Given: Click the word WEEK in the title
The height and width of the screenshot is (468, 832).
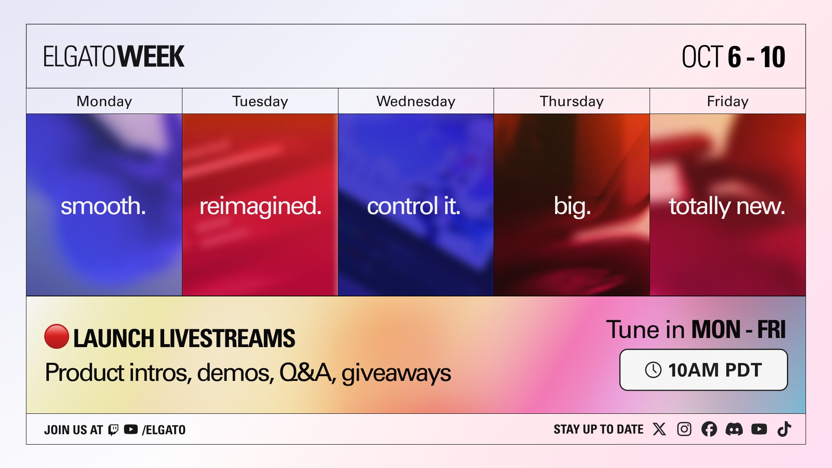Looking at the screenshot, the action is click(x=151, y=57).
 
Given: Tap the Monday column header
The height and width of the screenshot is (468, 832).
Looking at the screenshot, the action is click(x=104, y=101).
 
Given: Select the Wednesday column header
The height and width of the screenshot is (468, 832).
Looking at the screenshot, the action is click(x=416, y=101).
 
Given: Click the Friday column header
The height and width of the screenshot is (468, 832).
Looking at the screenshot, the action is click(x=728, y=101).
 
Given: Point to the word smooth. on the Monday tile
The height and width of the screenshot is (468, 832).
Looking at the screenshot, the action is click(x=103, y=206).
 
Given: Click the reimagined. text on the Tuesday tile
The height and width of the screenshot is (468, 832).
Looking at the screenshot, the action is click(x=260, y=207).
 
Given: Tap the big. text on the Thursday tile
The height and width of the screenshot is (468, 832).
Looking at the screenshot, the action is click(x=572, y=207).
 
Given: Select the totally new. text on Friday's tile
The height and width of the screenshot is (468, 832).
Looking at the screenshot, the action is click(x=727, y=207).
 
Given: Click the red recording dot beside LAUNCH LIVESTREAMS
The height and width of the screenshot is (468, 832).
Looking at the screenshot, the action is click(x=57, y=336).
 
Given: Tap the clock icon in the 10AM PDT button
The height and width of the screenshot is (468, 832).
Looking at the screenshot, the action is click(x=653, y=370).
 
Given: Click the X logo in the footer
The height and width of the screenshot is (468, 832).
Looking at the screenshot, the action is click(x=660, y=429).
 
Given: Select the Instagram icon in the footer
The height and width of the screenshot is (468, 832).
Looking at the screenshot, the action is click(x=684, y=429).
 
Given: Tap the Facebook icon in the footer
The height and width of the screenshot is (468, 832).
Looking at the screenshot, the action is click(x=709, y=429).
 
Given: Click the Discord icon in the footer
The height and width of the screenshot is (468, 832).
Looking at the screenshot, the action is click(x=734, y=429).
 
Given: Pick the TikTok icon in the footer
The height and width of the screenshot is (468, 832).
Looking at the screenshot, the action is click(x=784, y=429).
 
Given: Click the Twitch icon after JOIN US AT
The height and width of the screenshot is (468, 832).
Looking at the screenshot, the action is click(x=113, y=430).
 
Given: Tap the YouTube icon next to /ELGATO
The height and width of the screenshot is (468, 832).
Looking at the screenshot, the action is click(x=131, y=429).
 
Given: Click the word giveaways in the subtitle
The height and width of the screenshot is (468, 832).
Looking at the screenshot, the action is click(x=396, y=373).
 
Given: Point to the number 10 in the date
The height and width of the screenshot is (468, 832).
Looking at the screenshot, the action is click(x=773, y=57).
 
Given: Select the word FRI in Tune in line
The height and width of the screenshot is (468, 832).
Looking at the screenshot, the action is click(x=771, y=330).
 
